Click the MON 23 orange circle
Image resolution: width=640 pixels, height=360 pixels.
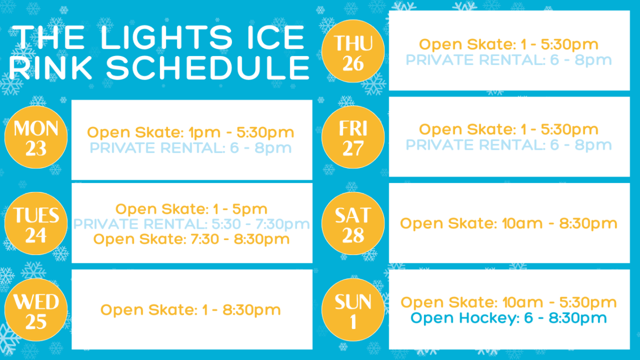[x=36, y=137]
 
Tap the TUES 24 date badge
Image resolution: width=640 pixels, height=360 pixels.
[x=36, y=223]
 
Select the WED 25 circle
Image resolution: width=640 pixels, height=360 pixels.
[x=36, y=310]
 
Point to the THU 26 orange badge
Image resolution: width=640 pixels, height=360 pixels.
[x=353, y=51]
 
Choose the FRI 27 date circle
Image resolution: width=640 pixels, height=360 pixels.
[x=353, y=137]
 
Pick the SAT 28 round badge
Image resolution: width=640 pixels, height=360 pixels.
[x=353, y=223]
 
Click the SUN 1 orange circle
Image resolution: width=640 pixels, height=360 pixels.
[x=353, y=310]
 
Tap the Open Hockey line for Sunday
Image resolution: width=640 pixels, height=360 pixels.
[x=509, y=318]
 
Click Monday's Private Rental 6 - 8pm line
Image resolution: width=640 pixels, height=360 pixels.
[x=191, y=148]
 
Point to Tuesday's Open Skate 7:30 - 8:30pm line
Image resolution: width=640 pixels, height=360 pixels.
[x=191, y=239]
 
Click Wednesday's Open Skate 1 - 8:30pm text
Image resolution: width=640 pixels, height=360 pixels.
[x=190, y=310]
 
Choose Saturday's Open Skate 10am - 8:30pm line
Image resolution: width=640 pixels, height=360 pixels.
[x=509, y=223]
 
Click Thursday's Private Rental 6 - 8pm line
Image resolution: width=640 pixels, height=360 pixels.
[x=509, y=60]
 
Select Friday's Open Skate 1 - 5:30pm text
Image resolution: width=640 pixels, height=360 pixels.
[x=509, y=130]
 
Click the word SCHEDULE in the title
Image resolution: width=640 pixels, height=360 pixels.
[x=208, y=68]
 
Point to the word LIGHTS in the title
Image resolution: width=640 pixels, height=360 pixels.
[x=166, y=37]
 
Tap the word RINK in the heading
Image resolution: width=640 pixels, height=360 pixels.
[x=51, y=68]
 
